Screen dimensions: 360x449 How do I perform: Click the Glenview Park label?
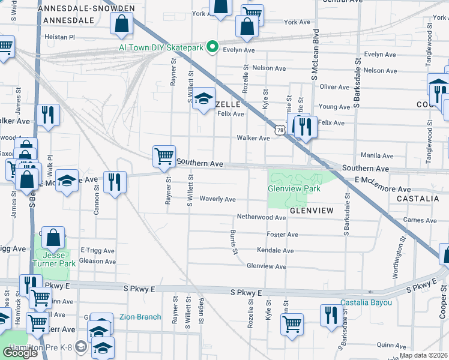294,188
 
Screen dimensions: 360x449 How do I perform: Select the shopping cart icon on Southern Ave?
164,156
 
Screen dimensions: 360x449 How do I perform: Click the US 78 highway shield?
280,129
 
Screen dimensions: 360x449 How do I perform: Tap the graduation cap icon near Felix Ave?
204,98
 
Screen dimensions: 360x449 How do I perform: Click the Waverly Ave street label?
217,199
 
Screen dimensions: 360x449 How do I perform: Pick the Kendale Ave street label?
275,250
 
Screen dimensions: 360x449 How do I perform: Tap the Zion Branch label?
140,317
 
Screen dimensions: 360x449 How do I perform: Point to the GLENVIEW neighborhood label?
312,211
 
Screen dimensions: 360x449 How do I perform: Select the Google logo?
20,352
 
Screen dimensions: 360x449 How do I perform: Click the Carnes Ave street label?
420,220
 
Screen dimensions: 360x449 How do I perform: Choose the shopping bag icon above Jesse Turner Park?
53,238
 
